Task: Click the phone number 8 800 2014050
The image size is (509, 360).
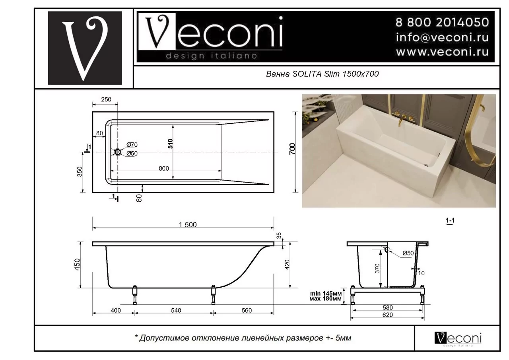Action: tap(441, 22)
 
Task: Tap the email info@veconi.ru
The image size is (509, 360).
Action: tap(442, 37)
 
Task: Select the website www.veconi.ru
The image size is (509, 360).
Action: tap(442, 52)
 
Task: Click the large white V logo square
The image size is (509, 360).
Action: tap(85, 48)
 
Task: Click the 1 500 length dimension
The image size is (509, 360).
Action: tap(188, 225)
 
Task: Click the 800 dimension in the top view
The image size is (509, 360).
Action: tap(163, 168)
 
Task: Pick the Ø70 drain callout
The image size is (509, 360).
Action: tap(132, 144)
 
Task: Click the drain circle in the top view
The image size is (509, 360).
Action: tap(118, 152)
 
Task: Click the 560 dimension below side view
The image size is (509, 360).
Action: tap(247, 310)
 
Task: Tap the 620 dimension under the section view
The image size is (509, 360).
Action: tap(387, 315)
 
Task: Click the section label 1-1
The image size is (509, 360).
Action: tap(450, 222)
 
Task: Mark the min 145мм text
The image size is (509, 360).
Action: tap(326, 294)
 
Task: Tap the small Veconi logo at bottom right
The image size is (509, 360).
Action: tap(458, 338)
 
